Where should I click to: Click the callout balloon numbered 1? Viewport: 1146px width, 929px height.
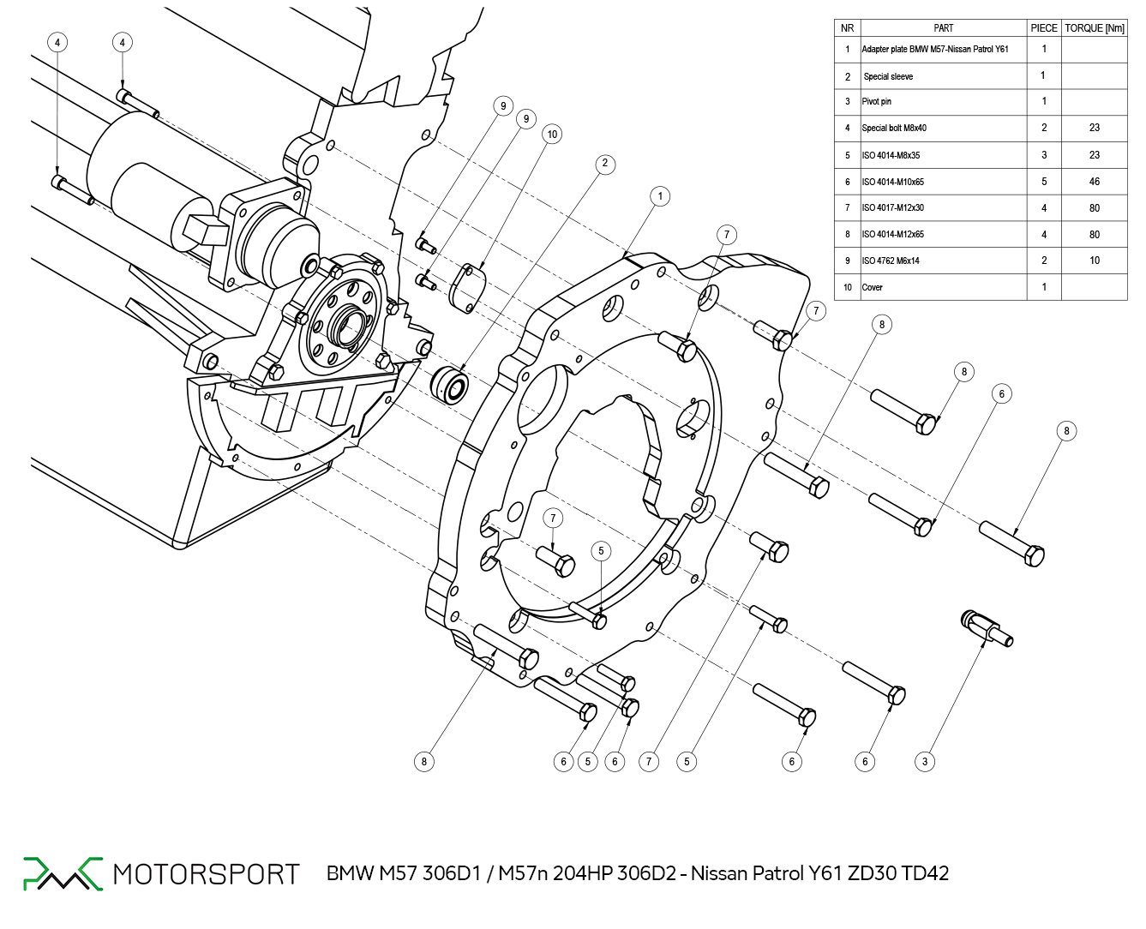tap(660, 196)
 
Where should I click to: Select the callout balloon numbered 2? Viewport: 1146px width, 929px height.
tap(605, 164)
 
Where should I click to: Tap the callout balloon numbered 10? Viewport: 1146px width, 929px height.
tap(552, 134)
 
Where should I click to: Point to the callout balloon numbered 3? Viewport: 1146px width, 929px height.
tap(924, 761)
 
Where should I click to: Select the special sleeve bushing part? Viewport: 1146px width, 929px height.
tap(450, 383)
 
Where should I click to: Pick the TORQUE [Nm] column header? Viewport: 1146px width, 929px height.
tap(1094, 28)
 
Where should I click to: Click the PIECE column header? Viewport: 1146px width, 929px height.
tap(1043, 28)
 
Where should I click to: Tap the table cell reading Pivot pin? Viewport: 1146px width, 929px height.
tap(877, 102)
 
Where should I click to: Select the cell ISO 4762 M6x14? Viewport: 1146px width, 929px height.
tap(891, 261)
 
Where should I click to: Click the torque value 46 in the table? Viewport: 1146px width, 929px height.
tap(1094, 182)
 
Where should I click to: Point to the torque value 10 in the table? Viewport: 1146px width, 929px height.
tap(1094, 261)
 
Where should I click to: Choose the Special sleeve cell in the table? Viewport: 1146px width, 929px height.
tap(888, 76)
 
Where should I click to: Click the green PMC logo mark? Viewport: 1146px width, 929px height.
tap(62, 872)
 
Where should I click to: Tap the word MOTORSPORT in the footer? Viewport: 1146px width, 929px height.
tap(206, 874)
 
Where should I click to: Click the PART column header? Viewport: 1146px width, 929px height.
tap(943, 28)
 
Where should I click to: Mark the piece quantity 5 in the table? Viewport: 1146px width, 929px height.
tap(1043, 182)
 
